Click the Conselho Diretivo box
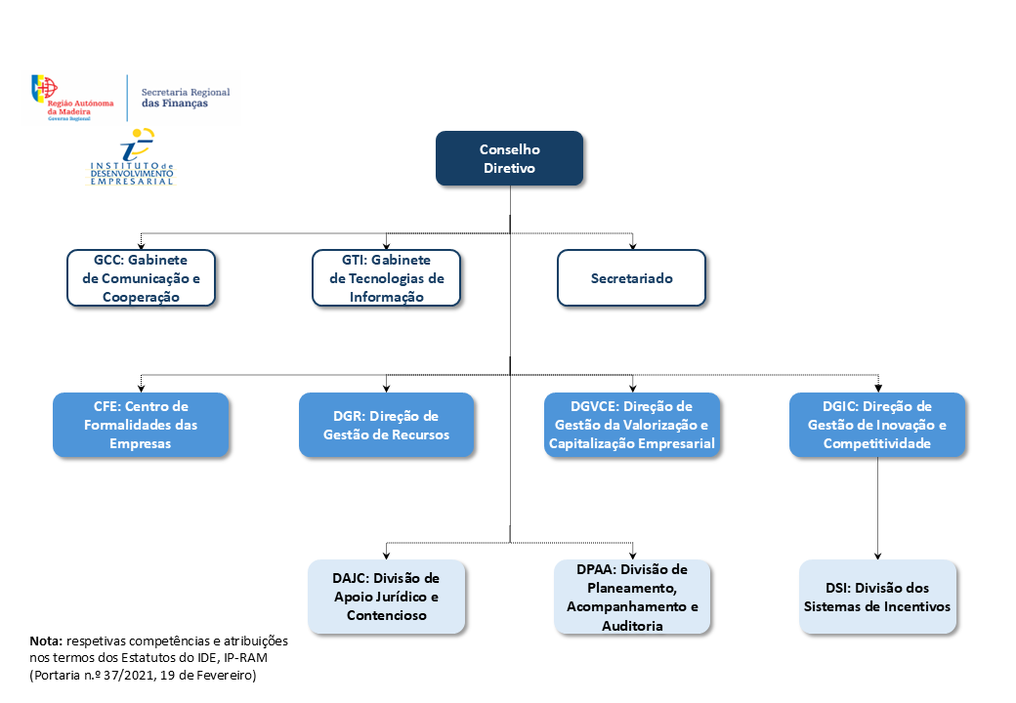pos(509,158)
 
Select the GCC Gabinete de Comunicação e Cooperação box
pos(142,278)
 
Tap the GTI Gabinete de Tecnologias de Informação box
pos(387,278)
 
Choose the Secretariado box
pos(631,278)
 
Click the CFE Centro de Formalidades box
pos(141,424)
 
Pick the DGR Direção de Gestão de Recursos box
pos(387,424)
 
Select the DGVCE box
pos(632,424)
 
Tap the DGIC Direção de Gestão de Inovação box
pos(877,424)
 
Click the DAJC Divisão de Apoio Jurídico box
pos(387,597)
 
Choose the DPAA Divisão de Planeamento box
pos(632,597)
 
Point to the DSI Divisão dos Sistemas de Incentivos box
pos(877,597)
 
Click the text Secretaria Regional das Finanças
pos(186,98)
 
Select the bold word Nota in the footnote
pos(46,641)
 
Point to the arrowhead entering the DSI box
pos(877,555)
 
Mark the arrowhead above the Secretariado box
pos(632,245)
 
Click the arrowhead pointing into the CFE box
pos(142,388)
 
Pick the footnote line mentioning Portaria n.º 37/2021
pos(143,675)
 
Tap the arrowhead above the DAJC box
pos(387,555)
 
